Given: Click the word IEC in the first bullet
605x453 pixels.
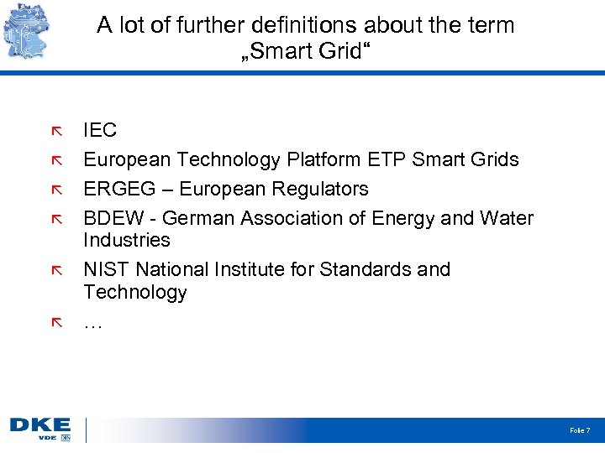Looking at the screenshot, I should click(100, 130).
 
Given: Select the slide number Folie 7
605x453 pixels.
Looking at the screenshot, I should click(580, 430).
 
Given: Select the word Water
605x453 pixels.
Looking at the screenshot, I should click(507, 218).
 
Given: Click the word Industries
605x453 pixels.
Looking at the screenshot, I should click(126, 241).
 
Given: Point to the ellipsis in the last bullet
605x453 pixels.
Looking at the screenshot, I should click(92, 323).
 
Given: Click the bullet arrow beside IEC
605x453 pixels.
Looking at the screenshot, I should click(56, 131).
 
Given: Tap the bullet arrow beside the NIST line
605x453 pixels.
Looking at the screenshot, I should click(56, 270).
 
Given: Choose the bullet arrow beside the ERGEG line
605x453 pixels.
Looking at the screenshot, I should click(56, 190).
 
